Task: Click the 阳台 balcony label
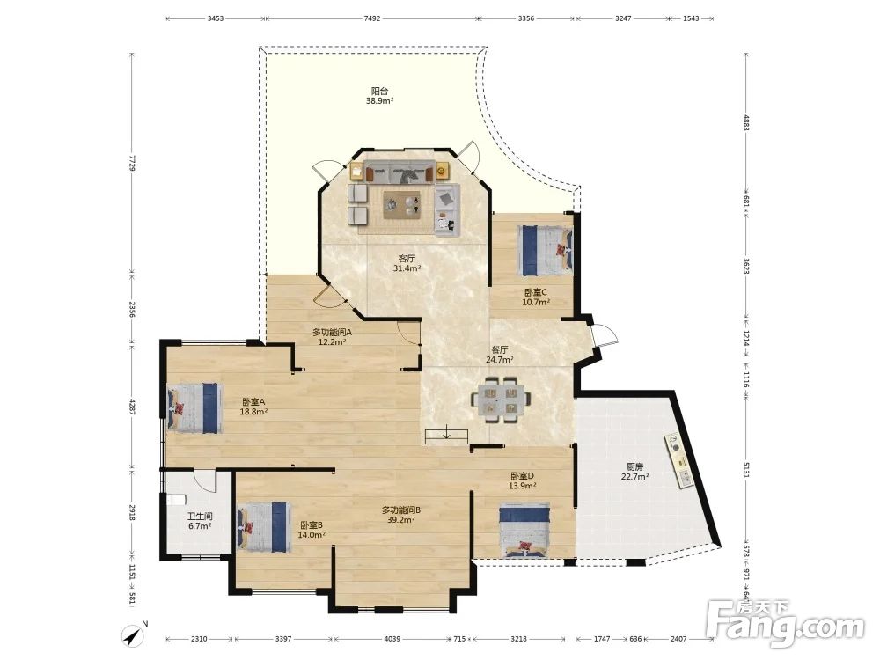click(x=380, y=91)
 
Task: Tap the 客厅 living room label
click(x=407, y=259)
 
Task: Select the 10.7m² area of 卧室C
click(x=536, y=302)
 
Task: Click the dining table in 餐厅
click(x=502, y=399)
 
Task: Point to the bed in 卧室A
click(x=193, y=407)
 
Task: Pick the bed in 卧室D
click(x=524, y=531)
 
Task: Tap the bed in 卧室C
click(x=546, y=250)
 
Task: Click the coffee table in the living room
click(x=402, y=204)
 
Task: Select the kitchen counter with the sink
click(x=679, y=461)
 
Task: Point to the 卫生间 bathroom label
click(x=200, y=516)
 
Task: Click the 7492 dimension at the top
click(x=372, y=18)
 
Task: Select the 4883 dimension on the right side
click(x=746, y=123)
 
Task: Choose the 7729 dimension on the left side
click(x=132, y=164)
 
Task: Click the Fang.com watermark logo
click(x=786, y=623)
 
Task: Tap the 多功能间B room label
click(x=401, y=510)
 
